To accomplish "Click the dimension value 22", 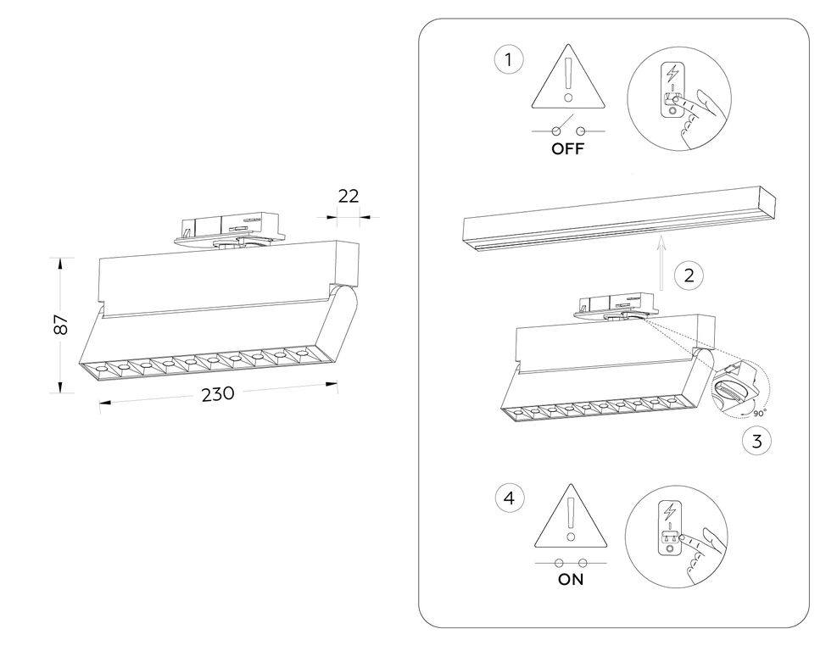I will [348, 196].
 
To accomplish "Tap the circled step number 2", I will [689, 274].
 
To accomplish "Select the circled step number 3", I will [756, 441].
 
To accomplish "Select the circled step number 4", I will [508, 498].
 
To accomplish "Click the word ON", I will [571, 581].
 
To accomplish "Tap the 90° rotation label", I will [758, 412].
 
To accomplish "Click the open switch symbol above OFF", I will [569, 130].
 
